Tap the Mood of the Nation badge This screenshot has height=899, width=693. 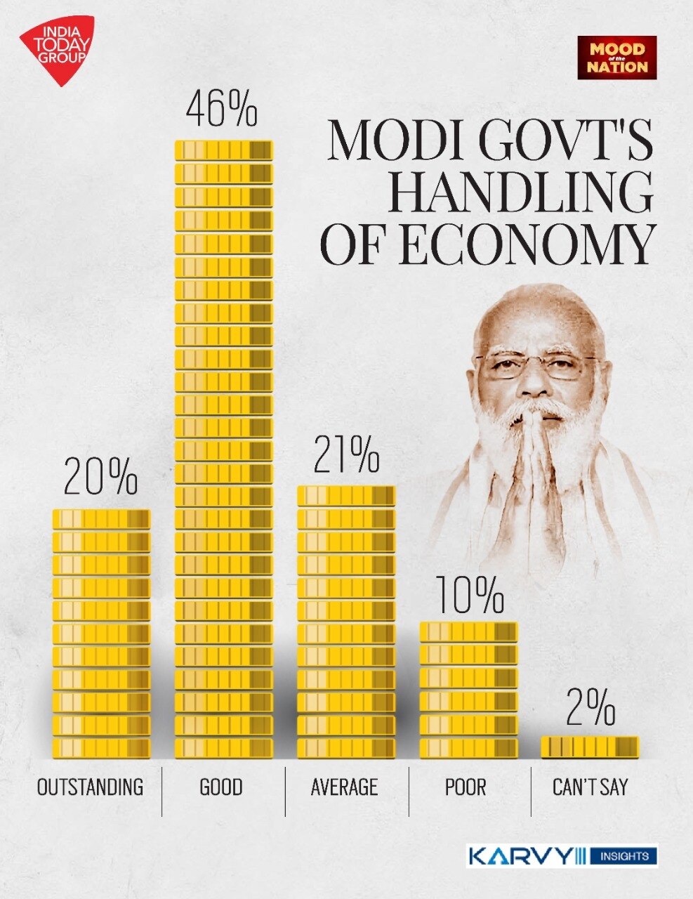(x=617, y=58)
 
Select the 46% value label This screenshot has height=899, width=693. (x=221, y=110)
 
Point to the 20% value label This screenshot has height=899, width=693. (x=100, y=478)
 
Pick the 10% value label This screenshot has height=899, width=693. (x=469, y=595)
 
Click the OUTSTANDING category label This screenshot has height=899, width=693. (x=90, y=787)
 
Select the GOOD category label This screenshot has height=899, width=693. (x=221, y=787)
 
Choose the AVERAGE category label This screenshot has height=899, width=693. (x=344, y=787)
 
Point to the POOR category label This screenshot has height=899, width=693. (x=466, y=787)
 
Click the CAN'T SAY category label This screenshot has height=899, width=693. (x=590, y=787)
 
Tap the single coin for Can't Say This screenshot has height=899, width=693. (x=590, y=747)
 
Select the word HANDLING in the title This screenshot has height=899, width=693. (x=520, y=191)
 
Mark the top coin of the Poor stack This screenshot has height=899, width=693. (x=469, y=632)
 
